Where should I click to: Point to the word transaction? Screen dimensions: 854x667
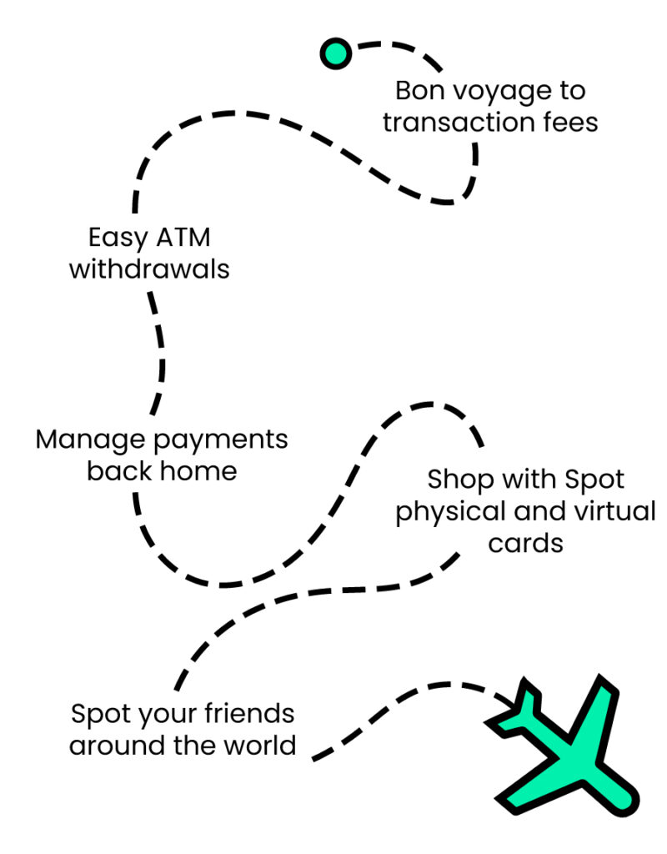(x=462, y=123)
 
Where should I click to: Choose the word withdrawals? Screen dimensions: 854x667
(x=149, y=270)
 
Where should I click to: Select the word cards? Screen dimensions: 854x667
(x=526, y=544)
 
